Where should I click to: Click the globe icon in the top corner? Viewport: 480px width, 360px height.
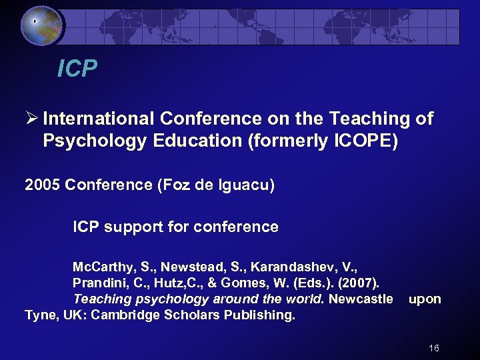41,25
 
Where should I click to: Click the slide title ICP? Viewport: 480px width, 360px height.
77,68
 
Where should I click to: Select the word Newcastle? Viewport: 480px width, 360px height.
361,299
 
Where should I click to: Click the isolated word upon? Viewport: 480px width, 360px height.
425,299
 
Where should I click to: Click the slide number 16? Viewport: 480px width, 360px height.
434,348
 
